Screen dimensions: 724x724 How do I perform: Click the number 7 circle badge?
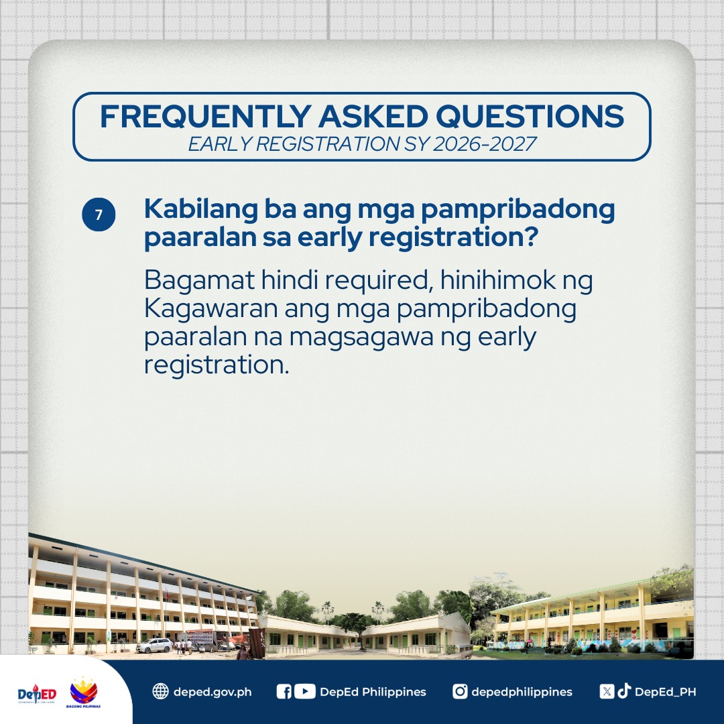[99, 215]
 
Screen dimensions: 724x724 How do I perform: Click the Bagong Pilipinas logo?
[84, 692]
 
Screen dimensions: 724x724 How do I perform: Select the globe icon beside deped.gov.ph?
[160, 691]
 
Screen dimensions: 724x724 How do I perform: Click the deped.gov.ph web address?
[213, 692]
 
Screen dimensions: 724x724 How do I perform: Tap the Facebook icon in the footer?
[284, 691]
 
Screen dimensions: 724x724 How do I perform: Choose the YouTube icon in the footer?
[304, 691]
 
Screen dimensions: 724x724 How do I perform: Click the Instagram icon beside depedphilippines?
[460, 691]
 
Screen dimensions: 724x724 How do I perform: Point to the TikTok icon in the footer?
[624, 691]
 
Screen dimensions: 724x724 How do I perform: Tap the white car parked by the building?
[154, 646]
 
